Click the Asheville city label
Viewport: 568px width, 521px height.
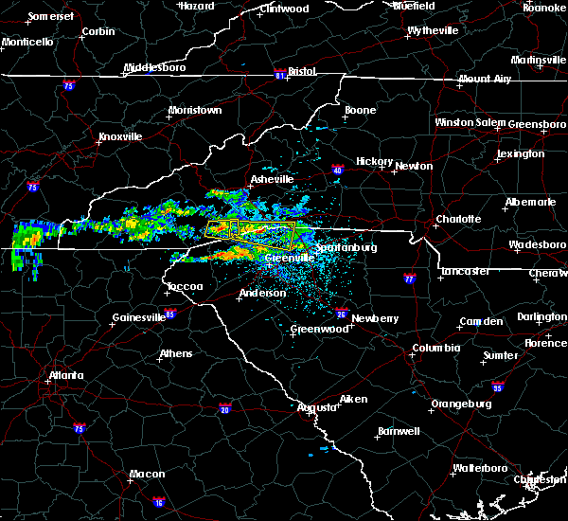pos(272,179)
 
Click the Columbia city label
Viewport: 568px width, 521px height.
pos(435,348)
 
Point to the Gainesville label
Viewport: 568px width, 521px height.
pos(140,317)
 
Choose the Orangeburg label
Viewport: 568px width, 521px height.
pos(461,404)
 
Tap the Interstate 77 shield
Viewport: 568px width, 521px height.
pos(409,279)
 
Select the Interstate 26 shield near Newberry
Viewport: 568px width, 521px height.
pos(340,313)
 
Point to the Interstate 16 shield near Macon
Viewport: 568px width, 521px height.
pos(158,501)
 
